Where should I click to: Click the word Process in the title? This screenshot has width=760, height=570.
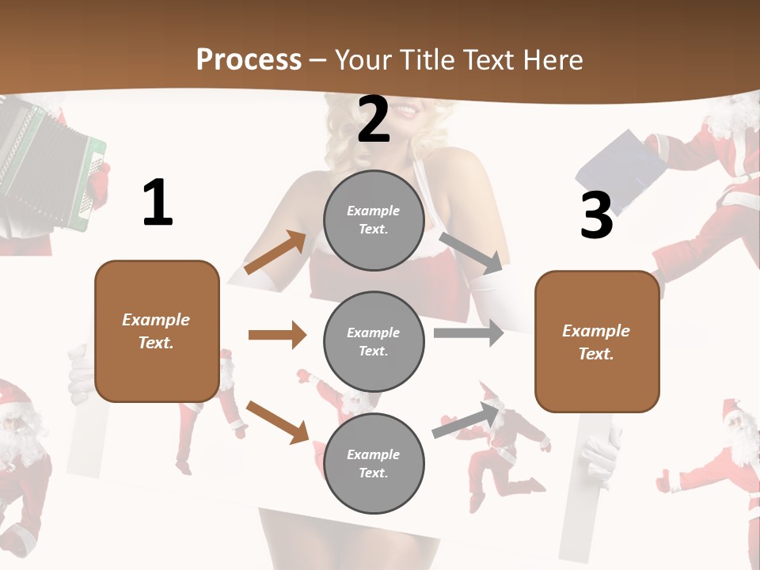tap(249, 59)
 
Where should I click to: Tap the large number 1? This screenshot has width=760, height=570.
tap(158, 203)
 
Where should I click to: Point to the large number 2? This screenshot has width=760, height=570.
tap(374, 120)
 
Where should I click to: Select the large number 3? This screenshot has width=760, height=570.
tap(596, 215)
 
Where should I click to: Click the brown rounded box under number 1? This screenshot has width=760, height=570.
tap(157, 331)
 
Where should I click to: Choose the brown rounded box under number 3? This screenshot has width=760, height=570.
tap(597, 341)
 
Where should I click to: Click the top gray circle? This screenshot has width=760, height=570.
tap(374, 219)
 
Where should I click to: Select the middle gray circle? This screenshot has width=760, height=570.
tap(374, 341)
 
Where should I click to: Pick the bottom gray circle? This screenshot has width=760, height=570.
tap(374, 463)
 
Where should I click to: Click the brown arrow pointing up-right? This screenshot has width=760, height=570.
tap(275, 253)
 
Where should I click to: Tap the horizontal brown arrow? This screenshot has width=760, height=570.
tap(277, 335)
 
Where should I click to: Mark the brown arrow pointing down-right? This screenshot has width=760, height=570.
tap(277, 422)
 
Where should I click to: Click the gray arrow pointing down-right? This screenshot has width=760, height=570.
tap(471, 253)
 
